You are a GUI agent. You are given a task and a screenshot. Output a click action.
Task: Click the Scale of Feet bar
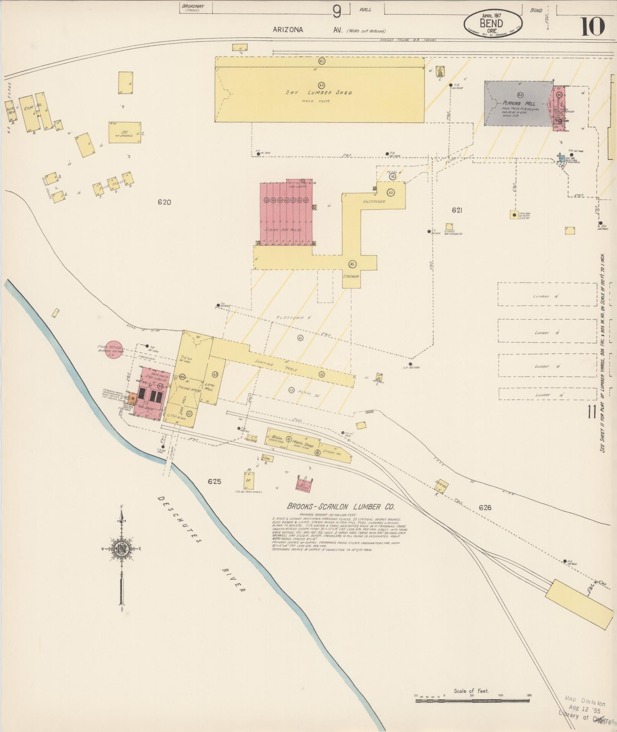pyautogui.click(x=473, y=701)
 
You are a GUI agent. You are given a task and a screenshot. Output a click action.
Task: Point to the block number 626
pyautogui.click(x=485, y=508)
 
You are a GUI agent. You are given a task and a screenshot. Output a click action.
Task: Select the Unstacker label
pyautogui.click(x=374, y=201)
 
